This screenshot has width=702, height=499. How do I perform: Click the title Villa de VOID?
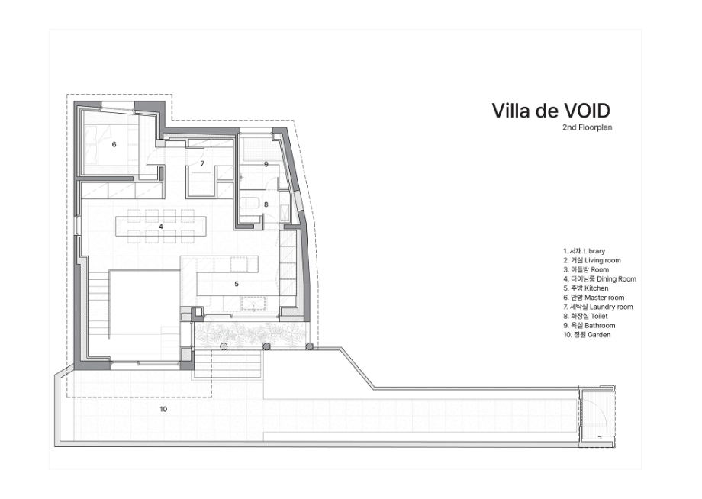551,111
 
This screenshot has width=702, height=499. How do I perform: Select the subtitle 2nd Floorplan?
587,127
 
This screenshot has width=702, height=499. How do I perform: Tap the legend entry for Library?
584,251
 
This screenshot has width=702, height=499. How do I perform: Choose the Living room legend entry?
592,260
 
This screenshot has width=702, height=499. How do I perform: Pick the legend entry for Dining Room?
600,278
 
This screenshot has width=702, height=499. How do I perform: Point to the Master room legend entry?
594,298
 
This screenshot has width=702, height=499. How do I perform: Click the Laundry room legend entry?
598,307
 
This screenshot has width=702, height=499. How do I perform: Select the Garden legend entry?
587,335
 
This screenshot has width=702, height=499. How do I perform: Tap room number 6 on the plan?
114,144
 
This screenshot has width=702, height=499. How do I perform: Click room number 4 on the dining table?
161,227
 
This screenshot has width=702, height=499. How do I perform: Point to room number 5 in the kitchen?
237,284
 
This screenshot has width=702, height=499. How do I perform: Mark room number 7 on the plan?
202,164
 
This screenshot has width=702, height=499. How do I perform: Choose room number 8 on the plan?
266,204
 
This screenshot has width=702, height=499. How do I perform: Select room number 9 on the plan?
266,164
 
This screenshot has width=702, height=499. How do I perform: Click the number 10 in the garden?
163,409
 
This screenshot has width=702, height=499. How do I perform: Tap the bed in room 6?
109,144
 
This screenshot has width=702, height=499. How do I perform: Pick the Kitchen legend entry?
585,288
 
